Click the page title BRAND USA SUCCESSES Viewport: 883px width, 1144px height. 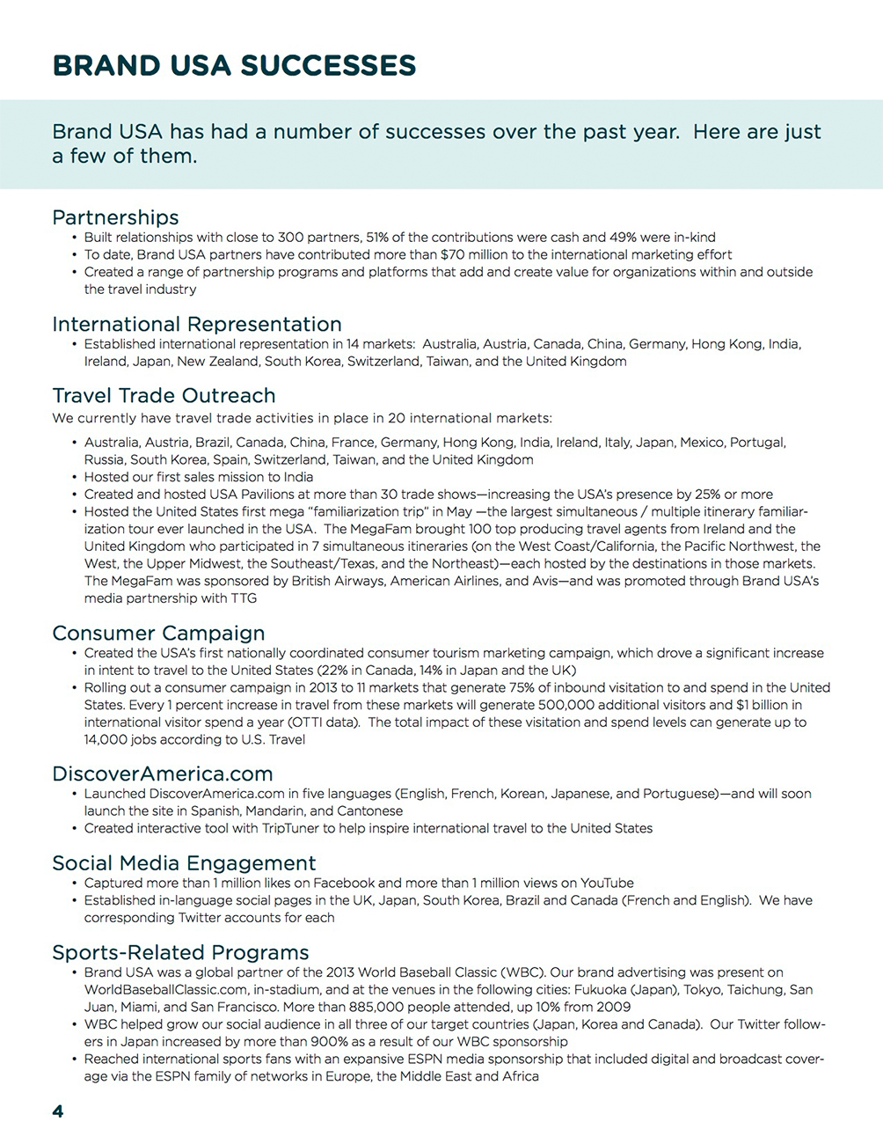(x=234, y=66)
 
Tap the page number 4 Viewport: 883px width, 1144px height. (x=58, y=1111)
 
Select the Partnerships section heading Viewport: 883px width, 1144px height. (x=115, y=217)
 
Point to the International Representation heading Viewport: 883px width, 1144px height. (x=197, y=324)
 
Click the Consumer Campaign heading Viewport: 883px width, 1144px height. (x=158, y=633)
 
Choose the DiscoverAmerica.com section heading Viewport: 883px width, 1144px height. (x=163, y=774)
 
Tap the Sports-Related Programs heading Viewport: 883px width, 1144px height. (x=180, y=952)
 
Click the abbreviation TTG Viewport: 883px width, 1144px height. (x=243, y=598)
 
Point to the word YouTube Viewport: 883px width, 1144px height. (x=607, y=884)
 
